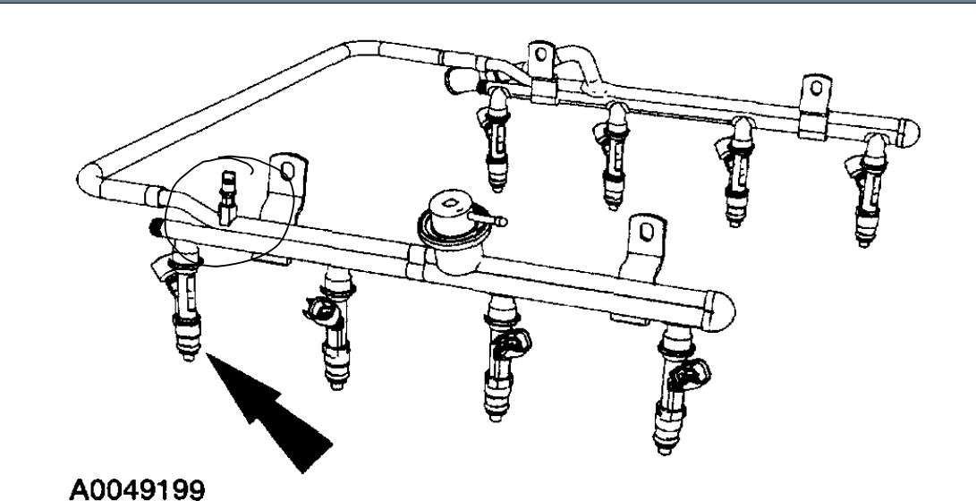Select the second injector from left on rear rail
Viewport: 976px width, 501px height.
pyautogui.click(x=614, y=152)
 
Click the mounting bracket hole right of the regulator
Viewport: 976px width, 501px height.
pyautogui.click(x=641, y=234)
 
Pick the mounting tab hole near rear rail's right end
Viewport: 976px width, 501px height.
pyautogui.click(x=814, y=88)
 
